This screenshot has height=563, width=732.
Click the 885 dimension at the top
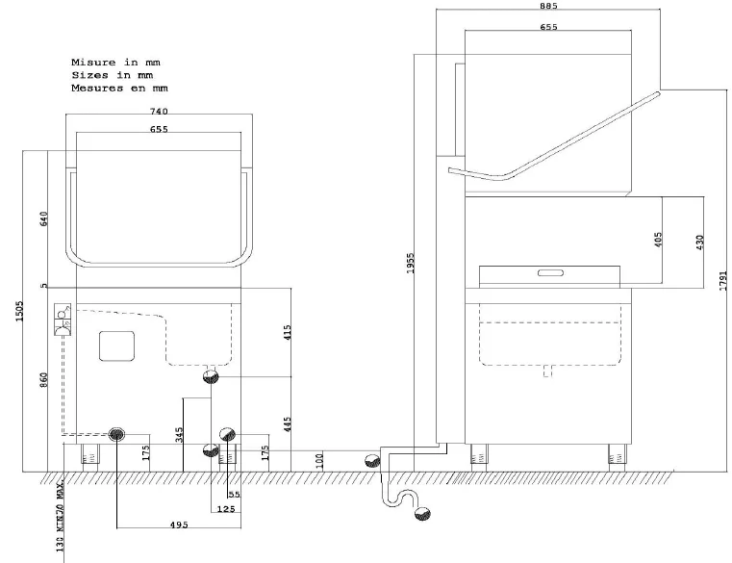(548, 6)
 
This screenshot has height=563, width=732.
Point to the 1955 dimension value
(412, 263)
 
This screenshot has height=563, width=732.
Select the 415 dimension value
(288, 334)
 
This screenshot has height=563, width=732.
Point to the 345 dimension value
(179, 435)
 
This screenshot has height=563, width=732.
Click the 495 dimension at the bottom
(179, 525)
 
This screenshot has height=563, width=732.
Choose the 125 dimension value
(227, 507)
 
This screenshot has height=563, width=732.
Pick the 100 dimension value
(320, 460)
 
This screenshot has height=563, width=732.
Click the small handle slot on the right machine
(551, 273)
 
